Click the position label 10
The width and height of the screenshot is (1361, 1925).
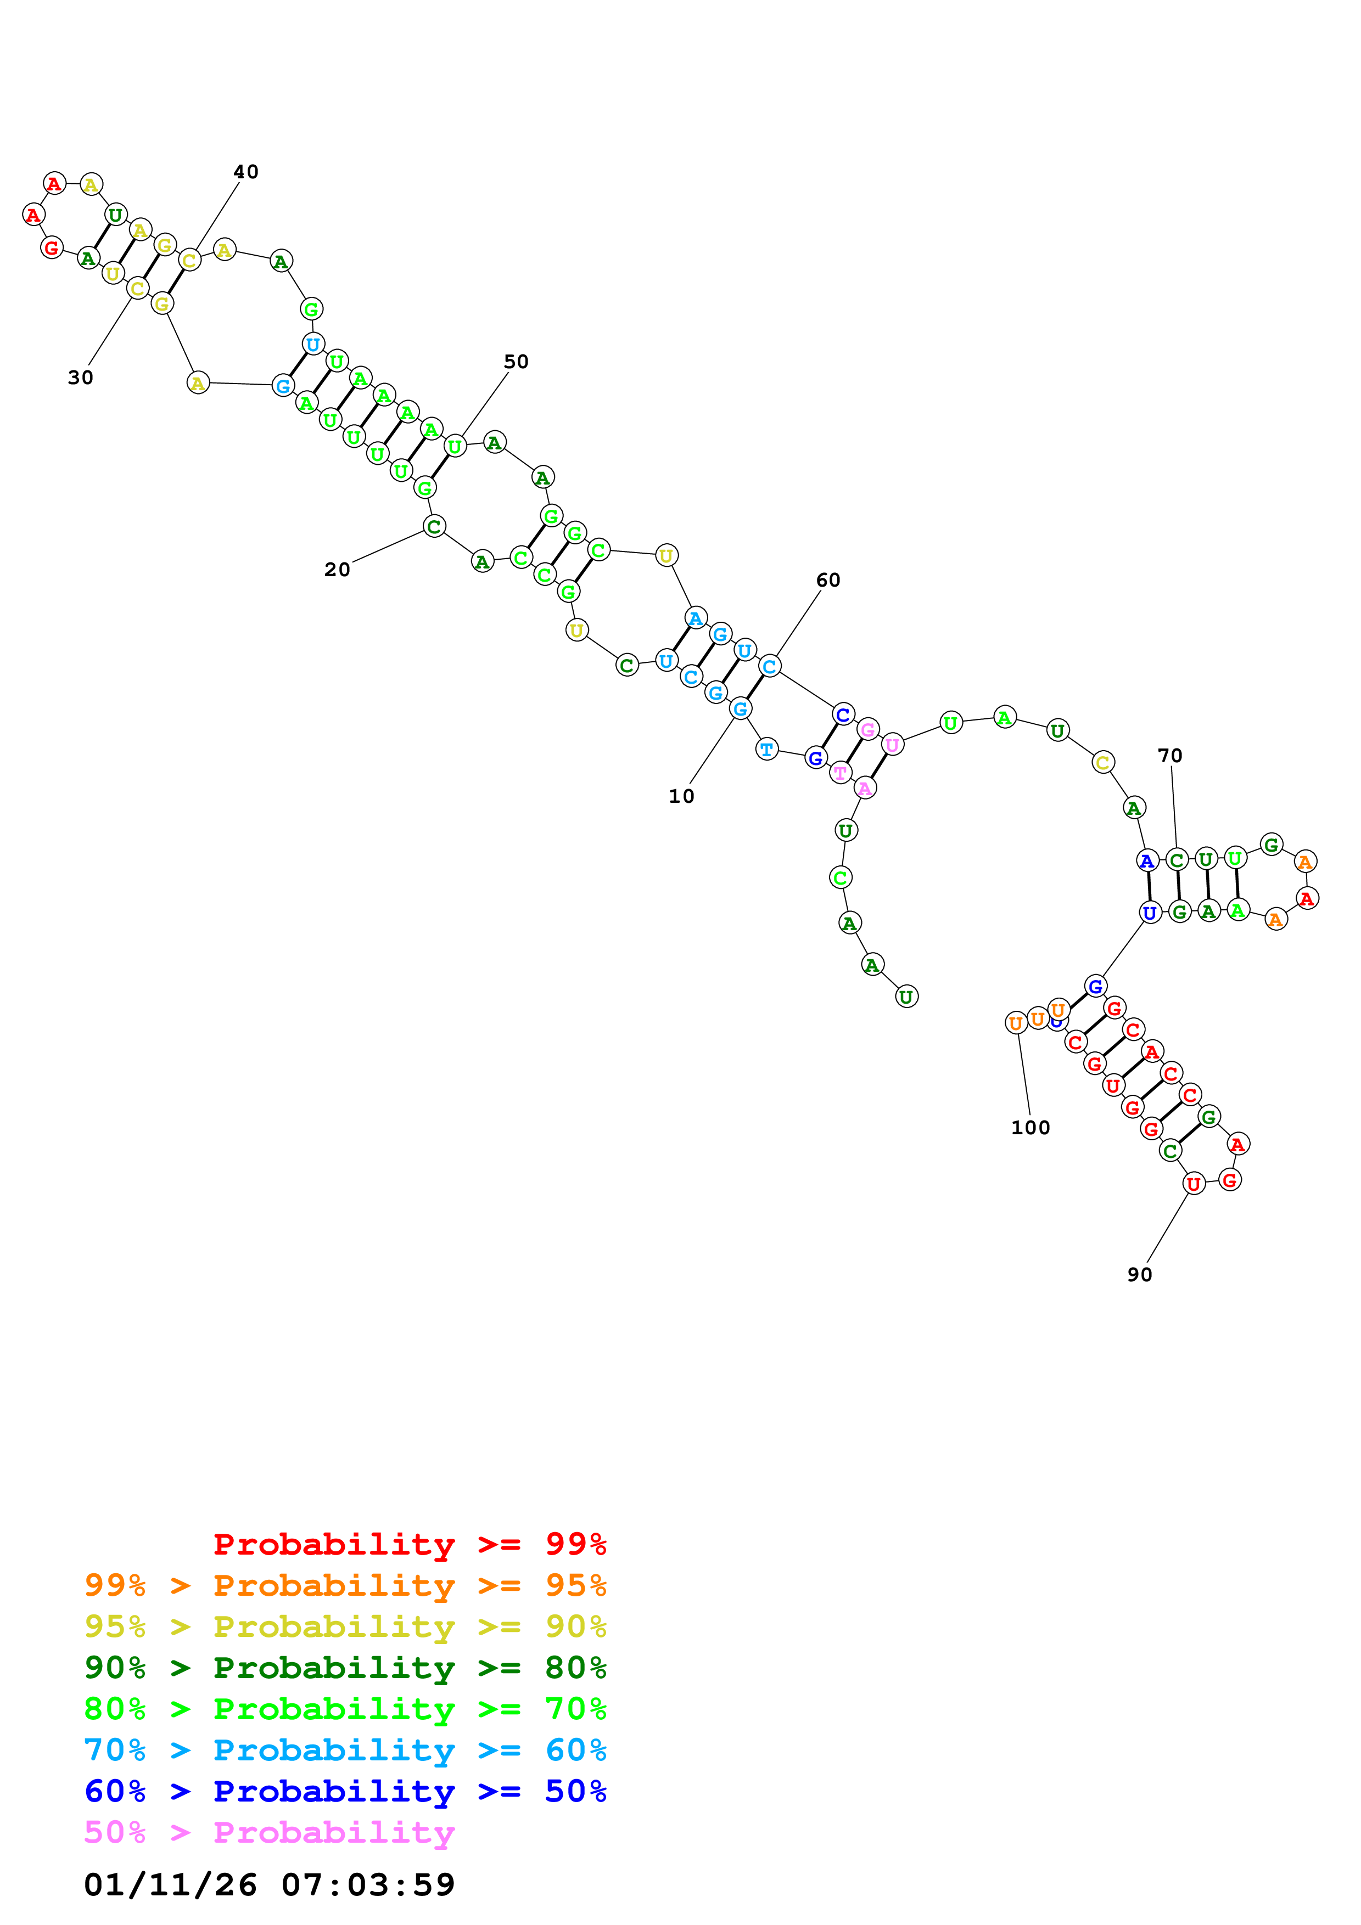click(x=681, y=796)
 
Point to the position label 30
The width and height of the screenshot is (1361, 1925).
click(x=81, y=378)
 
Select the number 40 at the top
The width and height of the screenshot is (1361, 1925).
click(x=246, y=171)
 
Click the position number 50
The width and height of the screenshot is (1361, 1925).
click(x=516, y=362)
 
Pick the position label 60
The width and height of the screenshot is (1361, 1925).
click(x=828, y=579)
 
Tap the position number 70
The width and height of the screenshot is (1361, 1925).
click(x=1170, y=756)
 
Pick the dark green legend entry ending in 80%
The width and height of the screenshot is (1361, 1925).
click(x=345, y=1668)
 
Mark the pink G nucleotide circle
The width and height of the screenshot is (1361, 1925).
click(x=868, y=729)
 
